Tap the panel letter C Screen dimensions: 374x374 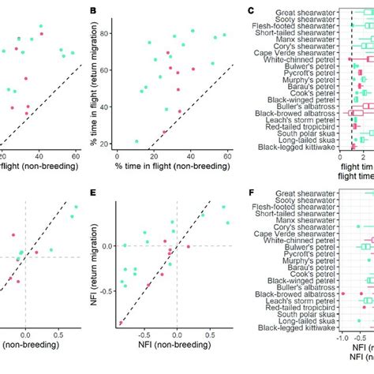click(x=250, y=11)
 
